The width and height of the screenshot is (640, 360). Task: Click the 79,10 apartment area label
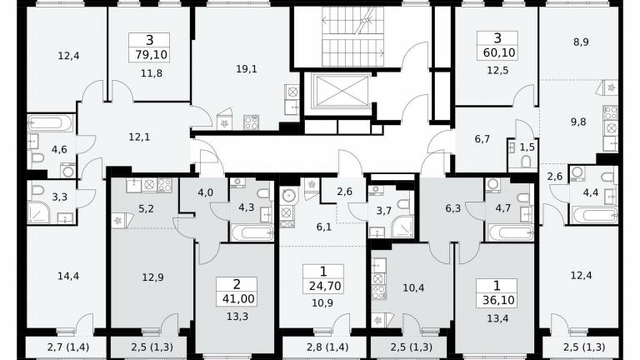[149, 54]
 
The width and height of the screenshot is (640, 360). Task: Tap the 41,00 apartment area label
[238, 299]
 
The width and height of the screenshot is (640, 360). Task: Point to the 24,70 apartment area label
[325, 286]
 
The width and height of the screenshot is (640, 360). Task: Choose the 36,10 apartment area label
[498, 300]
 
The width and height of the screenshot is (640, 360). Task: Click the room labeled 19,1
[247, 69]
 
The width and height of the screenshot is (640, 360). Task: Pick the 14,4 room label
[68, 277]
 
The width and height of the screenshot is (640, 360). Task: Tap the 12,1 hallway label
[139, 137]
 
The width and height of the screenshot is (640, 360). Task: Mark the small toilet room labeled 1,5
[527, 147]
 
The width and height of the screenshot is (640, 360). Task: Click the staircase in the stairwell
[352, 36]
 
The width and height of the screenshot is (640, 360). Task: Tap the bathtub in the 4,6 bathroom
[51, 123]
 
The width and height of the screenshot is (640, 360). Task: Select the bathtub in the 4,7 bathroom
[511, 232]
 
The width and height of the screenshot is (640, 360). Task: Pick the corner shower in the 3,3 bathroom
[39, 212]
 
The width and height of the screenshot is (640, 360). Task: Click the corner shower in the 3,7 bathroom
[402, 227]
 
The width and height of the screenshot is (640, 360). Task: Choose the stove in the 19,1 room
[251, 122]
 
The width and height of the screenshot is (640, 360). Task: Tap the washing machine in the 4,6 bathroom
[67, 171]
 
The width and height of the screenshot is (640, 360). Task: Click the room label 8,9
[580, 42]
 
